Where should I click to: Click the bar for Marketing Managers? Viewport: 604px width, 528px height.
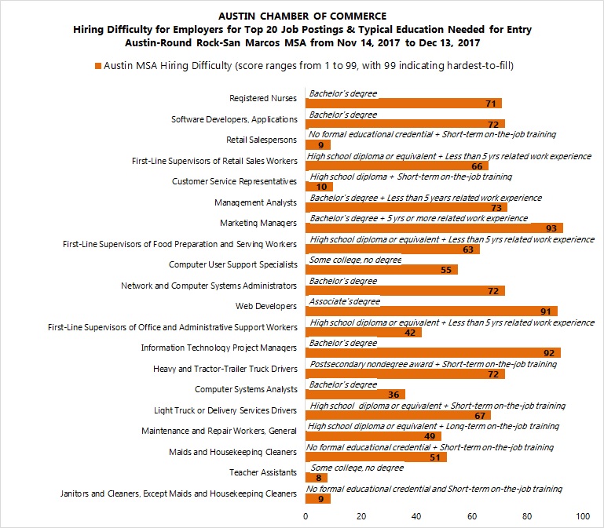point(434,228)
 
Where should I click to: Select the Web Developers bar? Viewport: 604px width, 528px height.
point(431,311)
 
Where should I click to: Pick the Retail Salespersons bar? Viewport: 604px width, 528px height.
point(317,145)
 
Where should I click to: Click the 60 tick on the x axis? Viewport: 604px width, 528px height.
point(472,517)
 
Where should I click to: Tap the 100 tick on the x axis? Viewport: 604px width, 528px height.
point(582,517)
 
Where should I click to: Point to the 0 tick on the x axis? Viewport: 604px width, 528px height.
point(306,517)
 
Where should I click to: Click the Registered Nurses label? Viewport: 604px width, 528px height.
point(263,99)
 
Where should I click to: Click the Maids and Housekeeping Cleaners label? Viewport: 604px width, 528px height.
point(232,452)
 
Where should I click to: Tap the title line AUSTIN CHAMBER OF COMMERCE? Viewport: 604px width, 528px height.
point(302,16)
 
